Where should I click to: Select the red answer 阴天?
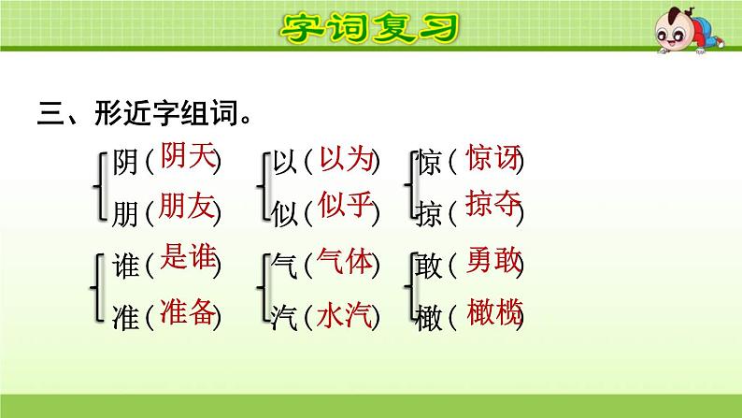click(x=187, y=155)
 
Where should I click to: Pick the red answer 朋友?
click(x=187, y=206)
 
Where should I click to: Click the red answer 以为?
click(x=345, y=159)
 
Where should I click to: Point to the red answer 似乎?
click(x=345, y=206)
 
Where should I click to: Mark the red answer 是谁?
click(x=187, y=259)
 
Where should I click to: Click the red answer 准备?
click(x=187, y=310)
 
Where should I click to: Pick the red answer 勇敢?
click(x=492, y=263)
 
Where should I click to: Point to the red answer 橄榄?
click(x=492, y=311)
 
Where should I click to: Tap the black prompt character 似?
click(x=285, y=213)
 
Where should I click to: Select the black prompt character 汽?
click(x=285, y=318)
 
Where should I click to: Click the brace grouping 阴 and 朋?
click(x=100, y=186)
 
